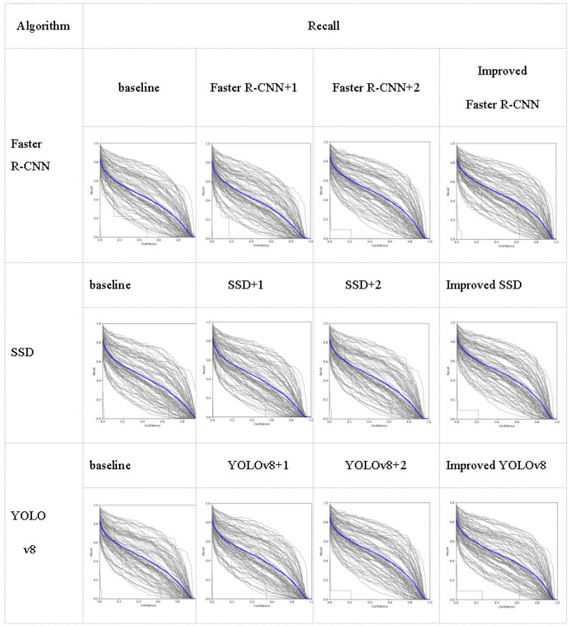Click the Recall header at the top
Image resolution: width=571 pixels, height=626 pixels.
coord(325,25)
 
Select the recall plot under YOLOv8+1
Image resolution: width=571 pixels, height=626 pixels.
coord(256,553)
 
